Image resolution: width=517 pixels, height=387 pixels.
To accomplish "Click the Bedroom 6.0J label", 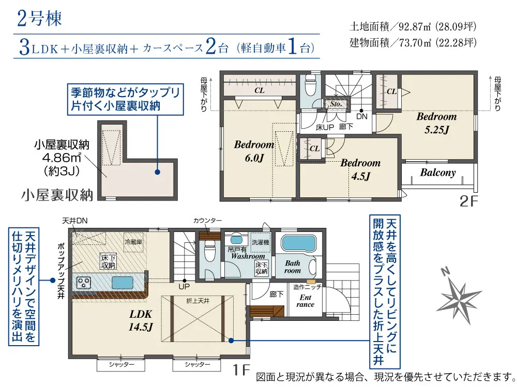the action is pyautogui.click(x=254, y=151).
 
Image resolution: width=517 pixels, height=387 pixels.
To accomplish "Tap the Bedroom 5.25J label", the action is pyautogui.click(x=436, y=123).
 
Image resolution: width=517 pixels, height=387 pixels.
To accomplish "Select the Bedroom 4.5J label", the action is pyautogui.click(x=360, y=169).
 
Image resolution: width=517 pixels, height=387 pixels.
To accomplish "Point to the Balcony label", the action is pyautogui.click(x=438, y=173).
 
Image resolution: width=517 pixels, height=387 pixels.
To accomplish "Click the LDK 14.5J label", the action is pyautogui.click(x=141, y=320).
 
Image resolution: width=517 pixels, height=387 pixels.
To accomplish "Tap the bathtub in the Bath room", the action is pyautogui.click(x=298, y=243).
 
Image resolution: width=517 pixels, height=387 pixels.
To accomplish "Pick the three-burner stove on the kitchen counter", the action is pyautogui.click(x=84, y=283).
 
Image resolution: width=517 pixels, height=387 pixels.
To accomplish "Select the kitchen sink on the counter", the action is pyautogui.click(x=123, y=283).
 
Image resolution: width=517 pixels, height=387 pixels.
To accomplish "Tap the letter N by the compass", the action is pyautogui.click(x=445, y=272).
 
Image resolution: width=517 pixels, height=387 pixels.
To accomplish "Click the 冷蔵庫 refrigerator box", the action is pyautogui.click(x=133, y=242).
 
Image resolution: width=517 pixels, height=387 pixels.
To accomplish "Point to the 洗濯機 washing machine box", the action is pyautogui.click(x=261, y=242).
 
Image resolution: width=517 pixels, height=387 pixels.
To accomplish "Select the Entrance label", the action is pyautogui.click(x=306, y=301).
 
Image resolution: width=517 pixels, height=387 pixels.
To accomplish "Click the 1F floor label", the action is pyautogui.click(x=241, y=369).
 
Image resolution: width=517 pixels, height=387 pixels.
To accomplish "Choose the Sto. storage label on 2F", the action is pyautogui.click(x=336, y=104).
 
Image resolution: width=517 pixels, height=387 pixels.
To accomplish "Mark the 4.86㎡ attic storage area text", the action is pyautogui.click(x=62, y=158).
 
